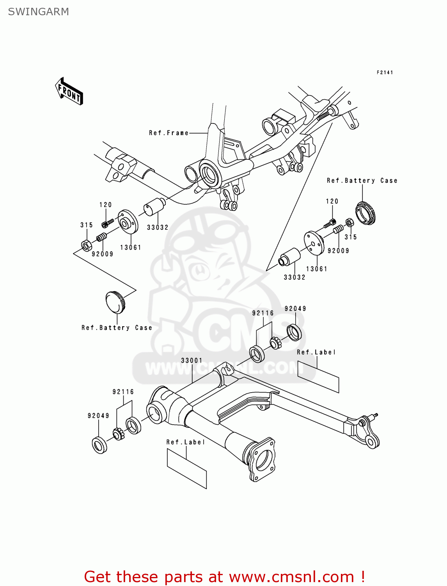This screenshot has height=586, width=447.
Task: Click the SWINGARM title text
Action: tap(38, 12)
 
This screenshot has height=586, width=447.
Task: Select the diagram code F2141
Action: tap(385, 73)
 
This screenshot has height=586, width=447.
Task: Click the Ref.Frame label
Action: tap(169, 133)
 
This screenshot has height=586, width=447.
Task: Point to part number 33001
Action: tap(192, 361)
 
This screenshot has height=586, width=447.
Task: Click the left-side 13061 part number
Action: tap(131, 247)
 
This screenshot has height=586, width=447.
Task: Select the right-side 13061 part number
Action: tap(317, 269)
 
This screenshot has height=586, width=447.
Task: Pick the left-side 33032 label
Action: tap(158, 227)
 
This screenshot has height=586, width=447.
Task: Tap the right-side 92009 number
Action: tap(338, 251)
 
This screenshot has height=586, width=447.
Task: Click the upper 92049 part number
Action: tap(295, 309)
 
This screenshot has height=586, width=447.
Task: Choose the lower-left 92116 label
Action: tap(123, 392)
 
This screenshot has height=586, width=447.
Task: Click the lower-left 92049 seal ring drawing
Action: tap(99, 445)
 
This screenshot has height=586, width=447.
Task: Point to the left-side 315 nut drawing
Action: tap(87, 245)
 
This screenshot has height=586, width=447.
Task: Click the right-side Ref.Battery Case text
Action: tap(362, 180)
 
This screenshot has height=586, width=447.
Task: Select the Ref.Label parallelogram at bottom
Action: tap(187, 468)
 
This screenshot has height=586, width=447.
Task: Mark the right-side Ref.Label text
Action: tap(316, 352)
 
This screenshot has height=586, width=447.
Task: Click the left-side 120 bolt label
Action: tap(105, 205)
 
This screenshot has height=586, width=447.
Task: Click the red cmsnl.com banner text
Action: tap(224, 577)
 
